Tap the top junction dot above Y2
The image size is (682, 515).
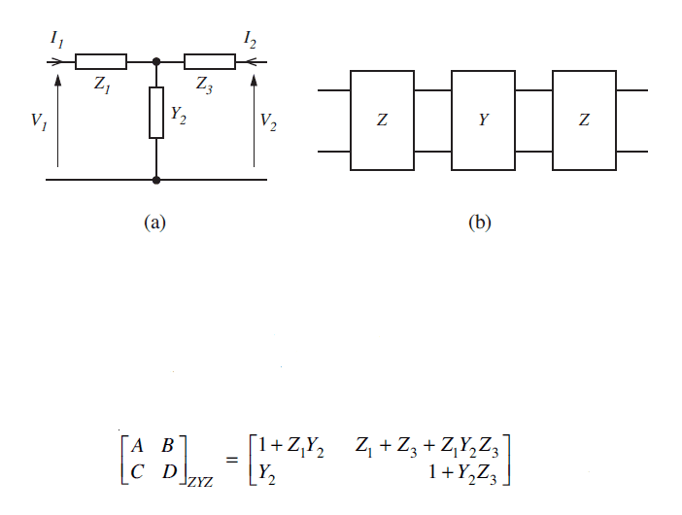pos(156,62)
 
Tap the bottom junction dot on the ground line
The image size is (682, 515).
pos(156,179)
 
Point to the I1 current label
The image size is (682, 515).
pos(57,39)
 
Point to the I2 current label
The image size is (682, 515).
pos(250,39)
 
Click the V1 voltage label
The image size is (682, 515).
pos(39,121)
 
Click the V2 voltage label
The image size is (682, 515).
pos(268,121)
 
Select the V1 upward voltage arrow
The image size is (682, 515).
pos(57,120)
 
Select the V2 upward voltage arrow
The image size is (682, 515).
pos(254,120)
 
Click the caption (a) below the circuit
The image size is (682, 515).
pos(154,223)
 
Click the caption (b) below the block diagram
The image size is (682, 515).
pos(480,223)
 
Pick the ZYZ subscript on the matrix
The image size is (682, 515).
pos(200,482)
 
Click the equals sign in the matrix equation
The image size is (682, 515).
pos(232,460)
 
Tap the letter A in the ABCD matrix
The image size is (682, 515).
pos(137,445)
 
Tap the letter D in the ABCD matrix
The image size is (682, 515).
pos(170,471)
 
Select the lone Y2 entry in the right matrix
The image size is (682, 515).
pos(266,473)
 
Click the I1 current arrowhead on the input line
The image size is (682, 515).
pos(55,62)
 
